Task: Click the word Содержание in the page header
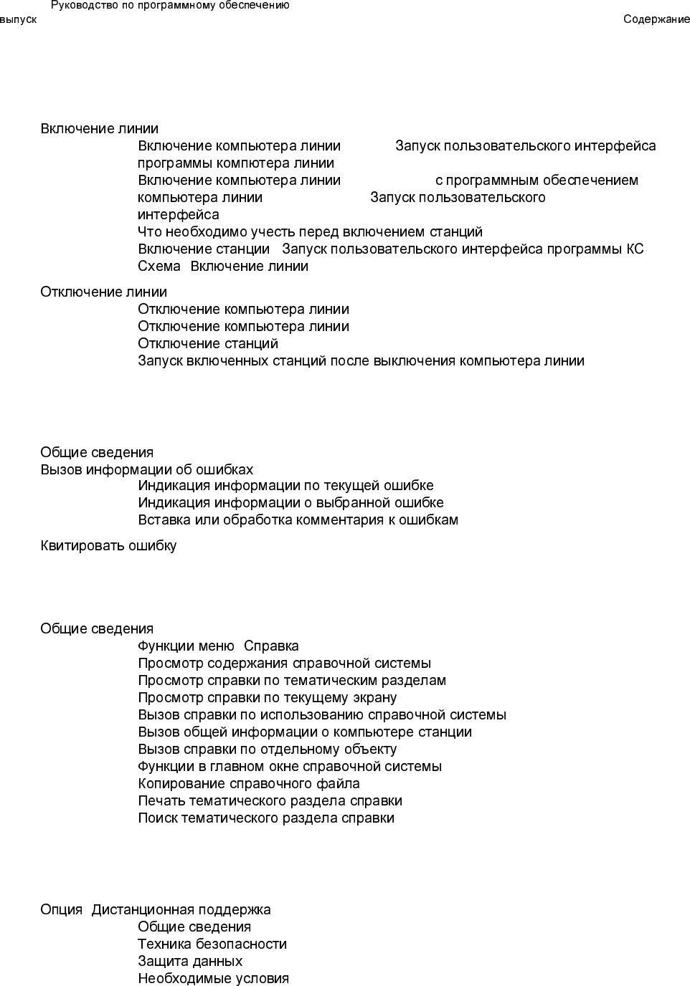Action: (656, 19)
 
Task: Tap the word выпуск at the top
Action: (18, 19)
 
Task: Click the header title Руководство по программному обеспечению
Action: (170, 6)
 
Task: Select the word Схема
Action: (159, 267)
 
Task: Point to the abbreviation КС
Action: (635, 249)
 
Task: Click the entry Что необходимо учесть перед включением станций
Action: (310, 232)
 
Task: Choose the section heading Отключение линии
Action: (104, 292)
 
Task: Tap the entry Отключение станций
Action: (208, 344)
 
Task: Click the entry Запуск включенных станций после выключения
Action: (361, 361)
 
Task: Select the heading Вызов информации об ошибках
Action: (147, 470)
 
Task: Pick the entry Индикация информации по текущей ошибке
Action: (285, 486)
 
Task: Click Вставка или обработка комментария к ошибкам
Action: (298, 520)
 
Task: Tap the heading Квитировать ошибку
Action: (108, 546)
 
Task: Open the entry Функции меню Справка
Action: (218, 646)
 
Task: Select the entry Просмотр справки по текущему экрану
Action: (267, 698)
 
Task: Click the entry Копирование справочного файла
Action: (249, 784)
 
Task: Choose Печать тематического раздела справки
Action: (270, 801)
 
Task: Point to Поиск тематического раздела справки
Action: (266, 818)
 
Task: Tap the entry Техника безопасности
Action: (212, 944)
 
